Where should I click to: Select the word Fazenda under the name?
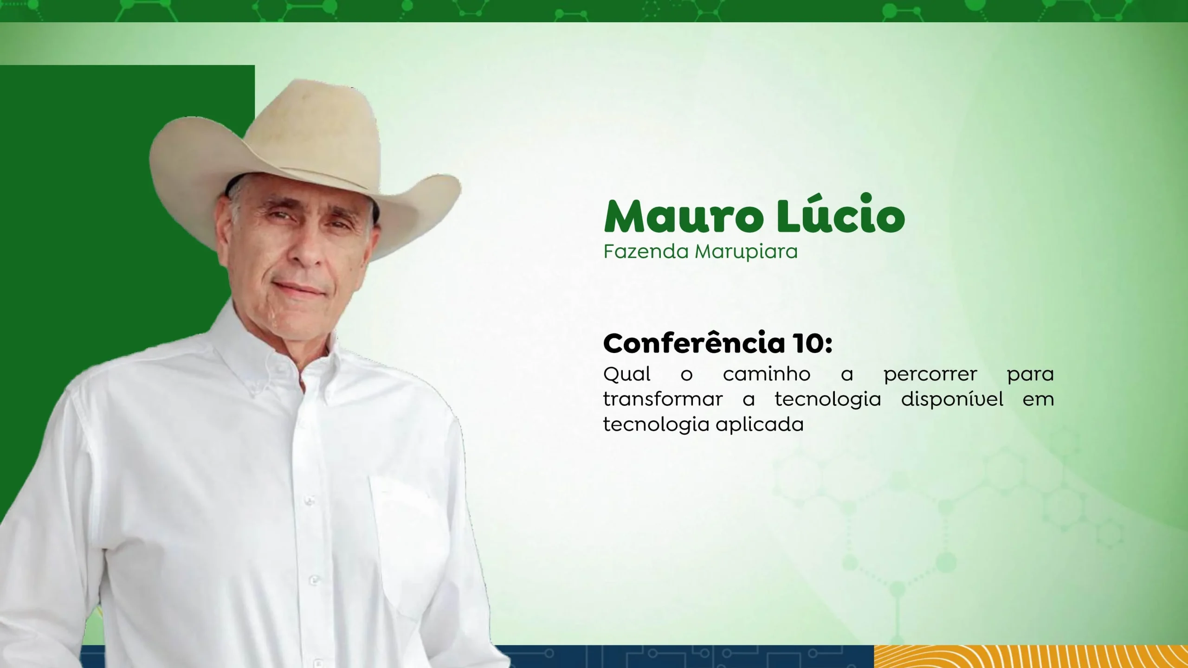[x=646, y=252]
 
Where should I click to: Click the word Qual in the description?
[x=626, y=374]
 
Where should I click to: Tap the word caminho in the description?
[x=767, y=374]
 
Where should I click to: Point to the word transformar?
[x=663, y=399]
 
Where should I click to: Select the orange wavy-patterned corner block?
[x=1031, y=656]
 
